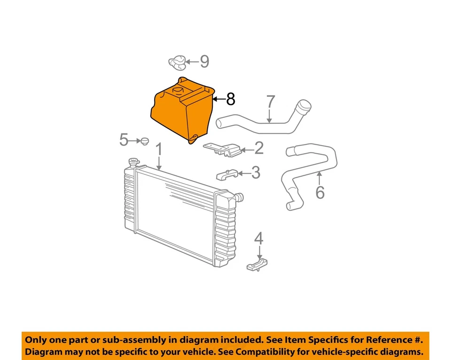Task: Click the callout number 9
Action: point(204,62)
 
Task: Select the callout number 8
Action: point(230,99)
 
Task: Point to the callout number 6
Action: point(320,192)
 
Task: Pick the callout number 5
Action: point(124,140)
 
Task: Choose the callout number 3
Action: point(255,172)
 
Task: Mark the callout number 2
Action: point(259,149)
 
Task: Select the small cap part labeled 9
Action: point(177,61)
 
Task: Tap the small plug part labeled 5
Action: point(144,140)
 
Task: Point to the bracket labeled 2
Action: point(223,149)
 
